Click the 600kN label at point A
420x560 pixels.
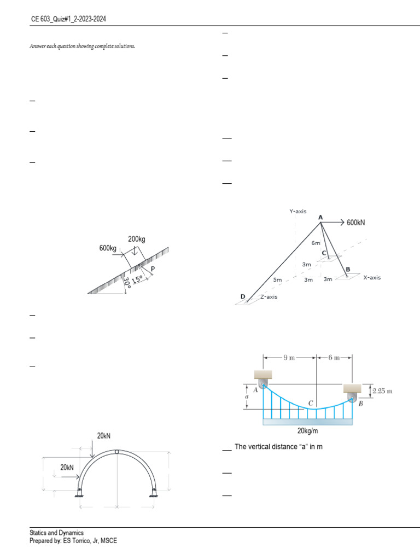[x=356, y=223]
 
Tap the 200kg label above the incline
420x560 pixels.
[x=137, y=239]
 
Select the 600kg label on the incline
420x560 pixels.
[x=108, y=248]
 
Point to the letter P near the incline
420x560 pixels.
[x=153, y=269]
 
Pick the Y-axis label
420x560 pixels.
[x=298, y=211]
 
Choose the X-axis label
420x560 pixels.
[x=372, y=277]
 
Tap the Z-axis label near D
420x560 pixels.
[x=269, y=296]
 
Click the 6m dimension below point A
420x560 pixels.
[x=316, y=243]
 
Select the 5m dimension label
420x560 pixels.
[x=277, y=280]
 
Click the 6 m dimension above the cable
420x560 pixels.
[x=334, y=358]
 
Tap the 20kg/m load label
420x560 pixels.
[x=308, y=430]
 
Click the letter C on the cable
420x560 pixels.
[x=311, y=403]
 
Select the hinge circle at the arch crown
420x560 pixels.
[x=116, y=452]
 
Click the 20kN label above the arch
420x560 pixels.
[x=104, y=436]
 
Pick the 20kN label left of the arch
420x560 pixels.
[x=67, y=467]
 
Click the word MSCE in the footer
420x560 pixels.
[x=108, y=541]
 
